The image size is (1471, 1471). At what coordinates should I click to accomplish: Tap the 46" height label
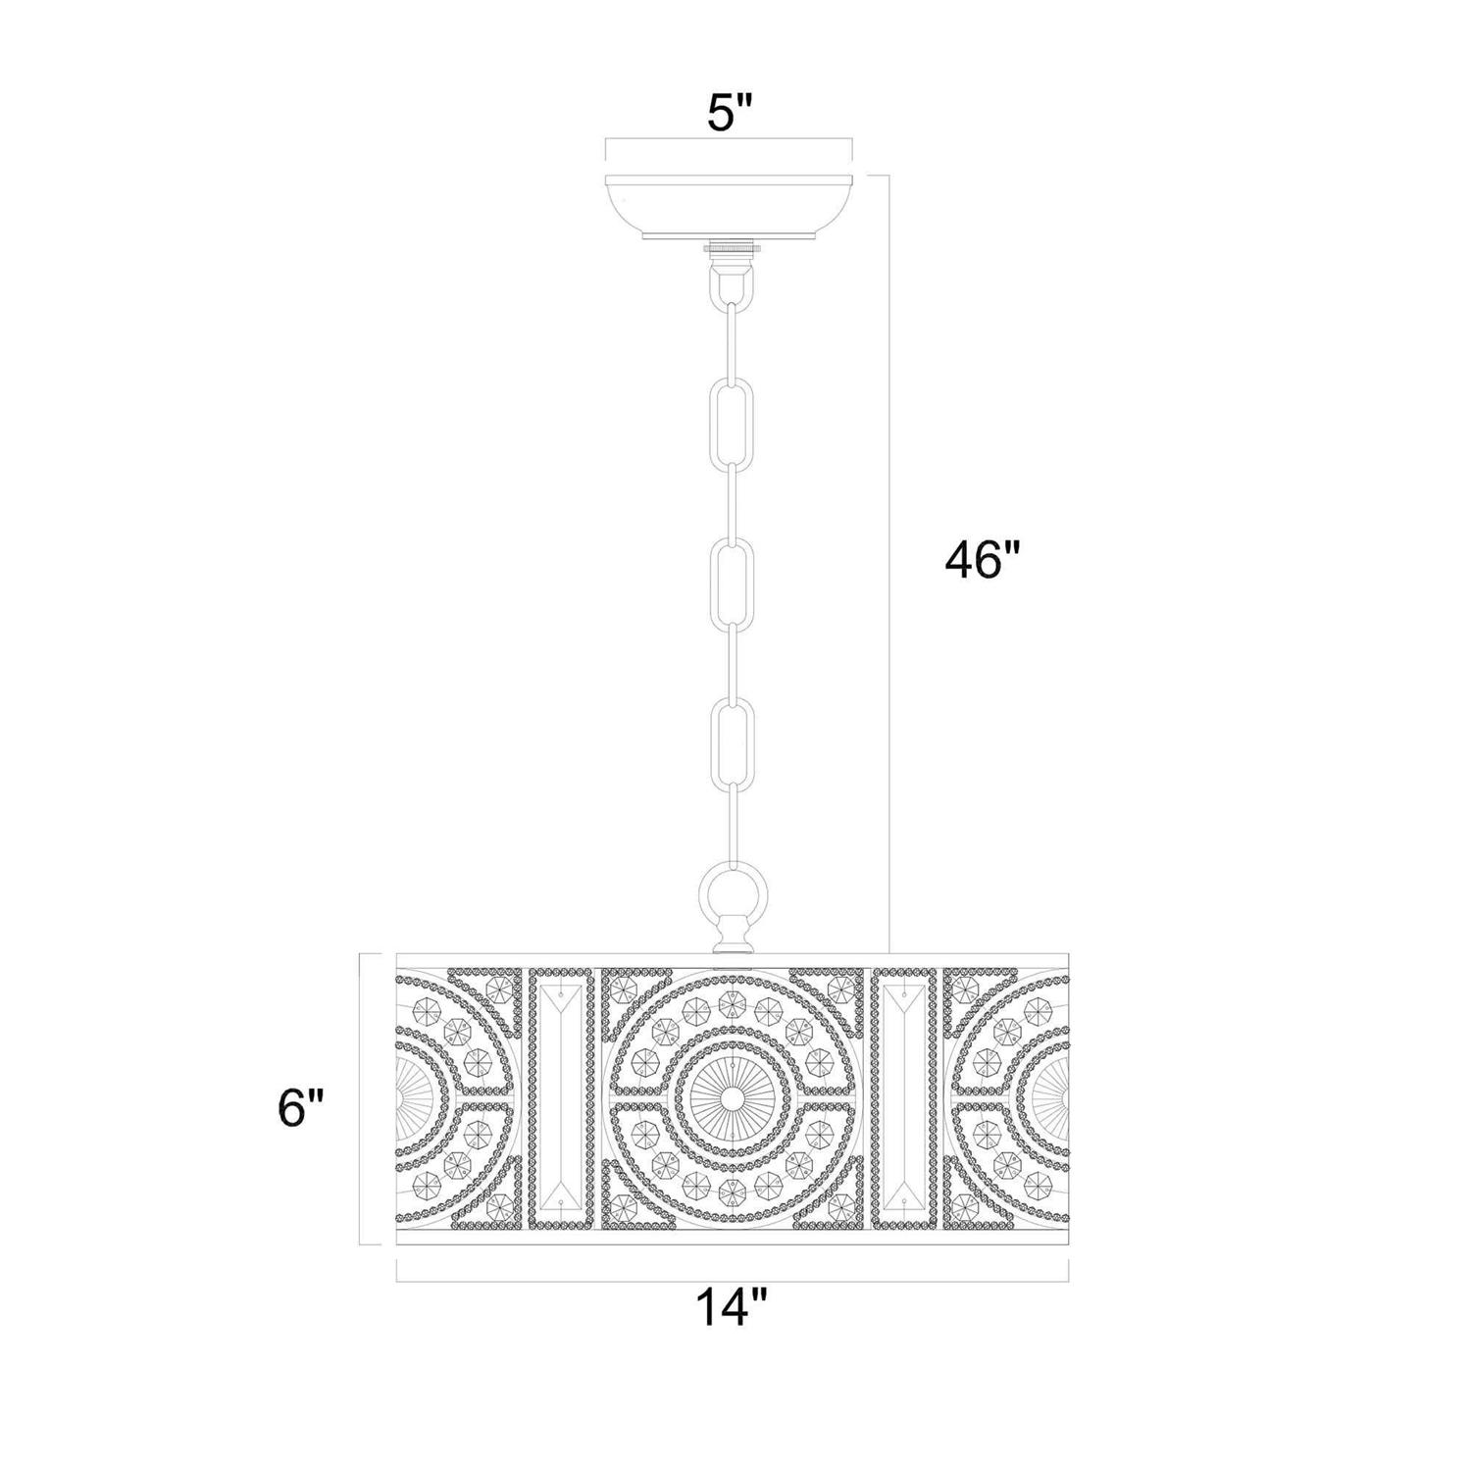[x=984, y=561]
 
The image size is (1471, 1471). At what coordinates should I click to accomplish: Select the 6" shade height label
[x=300, y=1111]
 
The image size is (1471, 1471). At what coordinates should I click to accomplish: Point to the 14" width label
[x=731, y=1309]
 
